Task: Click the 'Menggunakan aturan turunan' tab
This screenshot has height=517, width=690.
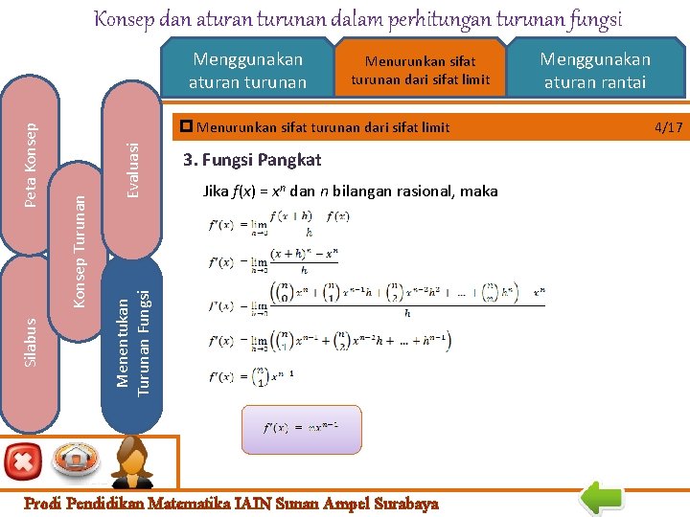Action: (x=247, y=71)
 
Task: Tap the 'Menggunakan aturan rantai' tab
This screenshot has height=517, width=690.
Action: (x=594, y=71)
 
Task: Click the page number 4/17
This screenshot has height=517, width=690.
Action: (x=668, y=126)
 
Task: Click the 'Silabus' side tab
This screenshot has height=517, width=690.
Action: (x=30, y=343)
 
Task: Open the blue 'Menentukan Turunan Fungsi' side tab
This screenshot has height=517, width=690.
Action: (x=133, y=340)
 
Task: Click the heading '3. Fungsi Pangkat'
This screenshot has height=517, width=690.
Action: (x=252, y=160)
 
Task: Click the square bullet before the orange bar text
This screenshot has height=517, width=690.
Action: (x=187, y=126)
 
